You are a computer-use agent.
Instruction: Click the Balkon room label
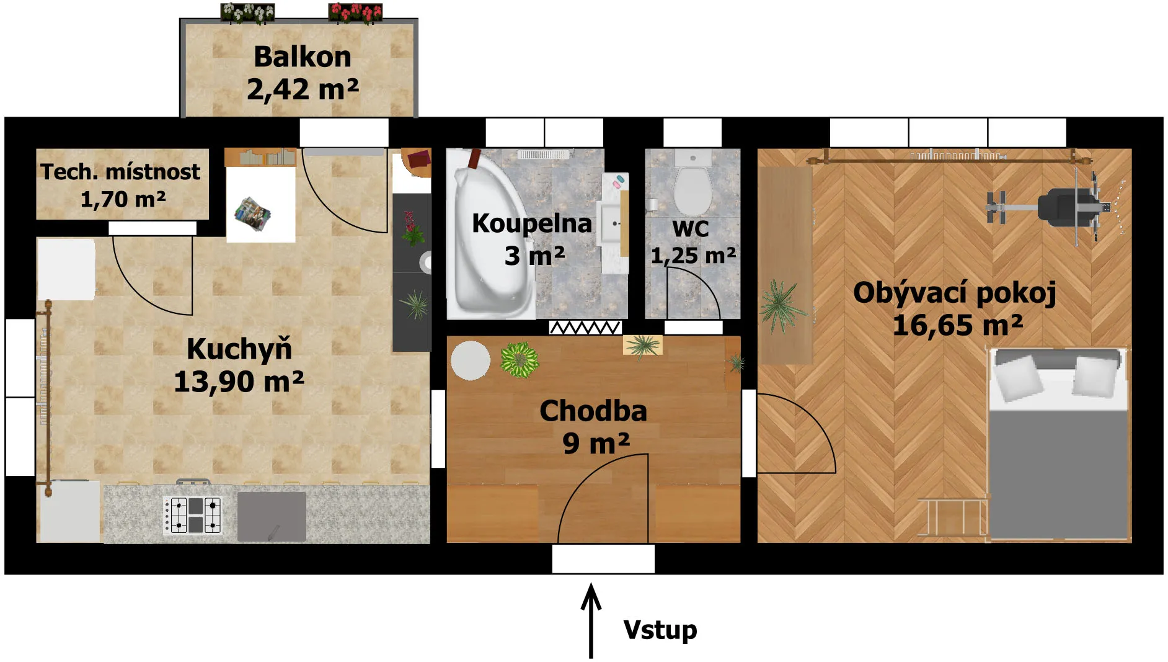pyautogui.click(x=303, y=56)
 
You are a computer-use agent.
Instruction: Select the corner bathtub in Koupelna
pyautogui.click(x=490, y=234)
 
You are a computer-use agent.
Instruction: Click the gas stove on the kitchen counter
pyautogui.click(x=193, y=514)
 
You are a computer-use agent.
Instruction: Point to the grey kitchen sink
pyautogui.click(x=272, y=516)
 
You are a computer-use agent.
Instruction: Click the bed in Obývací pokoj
pyautogui.click(x=1058, y=444)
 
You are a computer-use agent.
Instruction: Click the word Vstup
pyautogui.click(x=660, y=630)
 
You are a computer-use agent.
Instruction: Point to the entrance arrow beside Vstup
pyautogui.click(x=591, y=620)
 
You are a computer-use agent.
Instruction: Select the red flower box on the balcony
pyautogui.click(x=355, y=12)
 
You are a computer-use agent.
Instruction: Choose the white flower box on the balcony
pyautogui.click(x=247, y=12)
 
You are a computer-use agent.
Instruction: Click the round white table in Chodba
pyautogui.click(x=471, y=360)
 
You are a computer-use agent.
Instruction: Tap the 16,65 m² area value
pyautogui.click(x=957, y=325)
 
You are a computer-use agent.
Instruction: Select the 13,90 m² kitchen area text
pyautogui.click(x=239, y=382)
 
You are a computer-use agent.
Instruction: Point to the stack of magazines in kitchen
pyautogui.click(x=252, y=213)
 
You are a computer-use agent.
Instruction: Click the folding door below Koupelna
pyautogui.click(x=585, y=327)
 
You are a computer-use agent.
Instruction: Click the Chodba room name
pyautogui.click(x=593, y=411)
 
